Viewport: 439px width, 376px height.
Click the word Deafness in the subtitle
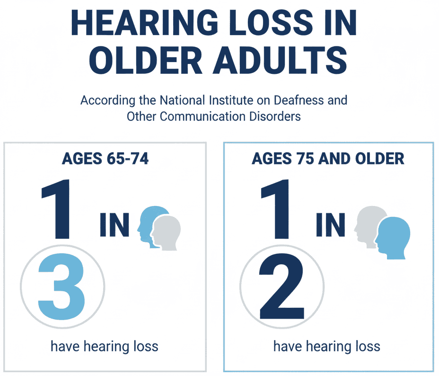pos(287,101)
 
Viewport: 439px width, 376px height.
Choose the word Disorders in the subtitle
pos(275,116)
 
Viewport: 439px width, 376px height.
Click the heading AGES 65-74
pos(105,159)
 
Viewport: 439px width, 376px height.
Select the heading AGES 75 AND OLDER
pos(328,159)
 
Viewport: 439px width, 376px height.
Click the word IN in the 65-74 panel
pos(114,225)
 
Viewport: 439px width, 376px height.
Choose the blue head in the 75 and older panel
pos(393,237)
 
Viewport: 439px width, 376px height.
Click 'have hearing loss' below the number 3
pos(104,346)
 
